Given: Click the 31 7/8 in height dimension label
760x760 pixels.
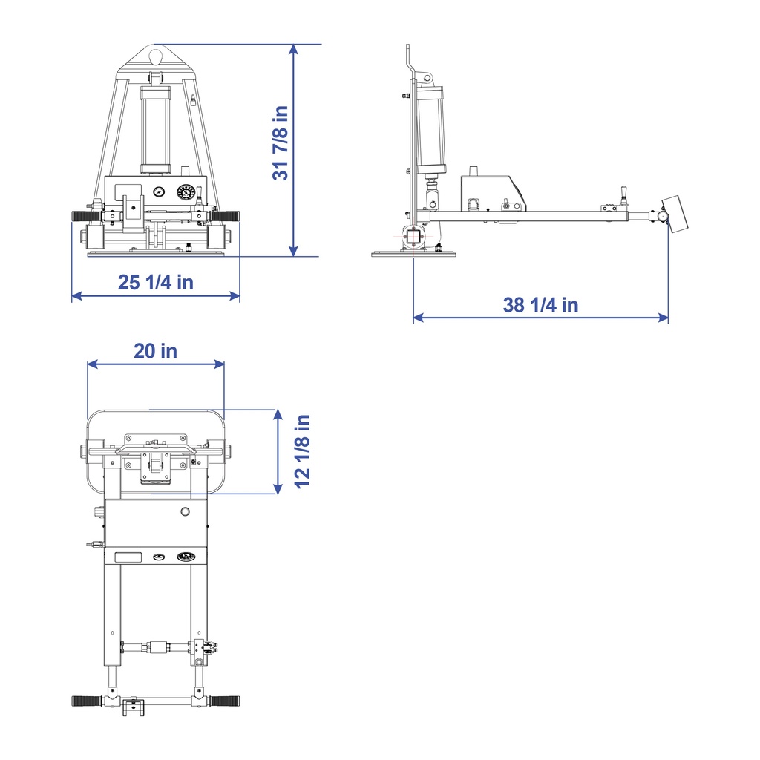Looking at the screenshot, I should coord(280,142).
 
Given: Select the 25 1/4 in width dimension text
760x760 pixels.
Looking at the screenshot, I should coord(156,282).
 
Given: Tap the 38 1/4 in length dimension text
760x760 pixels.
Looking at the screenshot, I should coord(540,304).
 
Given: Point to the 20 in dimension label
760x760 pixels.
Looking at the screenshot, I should coord(156,350).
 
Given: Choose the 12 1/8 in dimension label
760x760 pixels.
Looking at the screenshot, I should coord(301,451).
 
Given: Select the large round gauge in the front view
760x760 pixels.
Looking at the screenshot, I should coord(186,193).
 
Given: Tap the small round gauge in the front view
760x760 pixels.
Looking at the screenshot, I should coord(159,191).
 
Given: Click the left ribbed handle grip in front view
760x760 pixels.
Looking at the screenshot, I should coord(85,216).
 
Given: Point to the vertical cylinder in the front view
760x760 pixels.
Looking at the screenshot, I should coord(157,126).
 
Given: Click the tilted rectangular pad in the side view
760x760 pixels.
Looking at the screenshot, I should coord(675,214).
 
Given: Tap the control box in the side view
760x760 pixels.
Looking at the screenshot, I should coord(494,194).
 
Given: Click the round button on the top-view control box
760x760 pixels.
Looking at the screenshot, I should coord(185,511).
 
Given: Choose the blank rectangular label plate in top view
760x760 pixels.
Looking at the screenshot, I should coord(128,557).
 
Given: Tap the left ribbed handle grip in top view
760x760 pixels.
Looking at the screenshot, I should coord(88,701).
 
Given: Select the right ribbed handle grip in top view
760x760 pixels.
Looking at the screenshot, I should coord(225,701).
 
